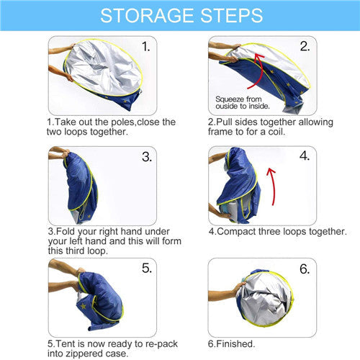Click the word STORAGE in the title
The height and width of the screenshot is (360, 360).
[147, 16]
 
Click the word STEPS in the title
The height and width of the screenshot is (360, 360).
[231, 16]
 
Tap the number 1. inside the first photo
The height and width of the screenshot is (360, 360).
[146, 46]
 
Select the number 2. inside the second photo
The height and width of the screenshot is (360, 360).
[305, 46]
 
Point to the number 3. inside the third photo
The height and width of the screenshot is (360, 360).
[147, 157]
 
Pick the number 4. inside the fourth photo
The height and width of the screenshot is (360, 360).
[305, 156]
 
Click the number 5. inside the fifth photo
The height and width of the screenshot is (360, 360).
[147, 268]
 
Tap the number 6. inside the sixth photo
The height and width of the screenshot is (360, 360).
[305, 269]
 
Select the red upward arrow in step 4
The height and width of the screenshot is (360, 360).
[273, 186]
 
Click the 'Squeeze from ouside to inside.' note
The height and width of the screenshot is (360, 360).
[243, 102]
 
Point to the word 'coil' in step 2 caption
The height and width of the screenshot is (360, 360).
[276, 132]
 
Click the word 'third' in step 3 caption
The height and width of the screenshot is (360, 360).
[75, 251]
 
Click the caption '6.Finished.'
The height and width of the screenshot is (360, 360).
[231, 344]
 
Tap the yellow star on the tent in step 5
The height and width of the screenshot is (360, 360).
[83, 306]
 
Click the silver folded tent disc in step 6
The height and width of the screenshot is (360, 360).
[265, 299]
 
